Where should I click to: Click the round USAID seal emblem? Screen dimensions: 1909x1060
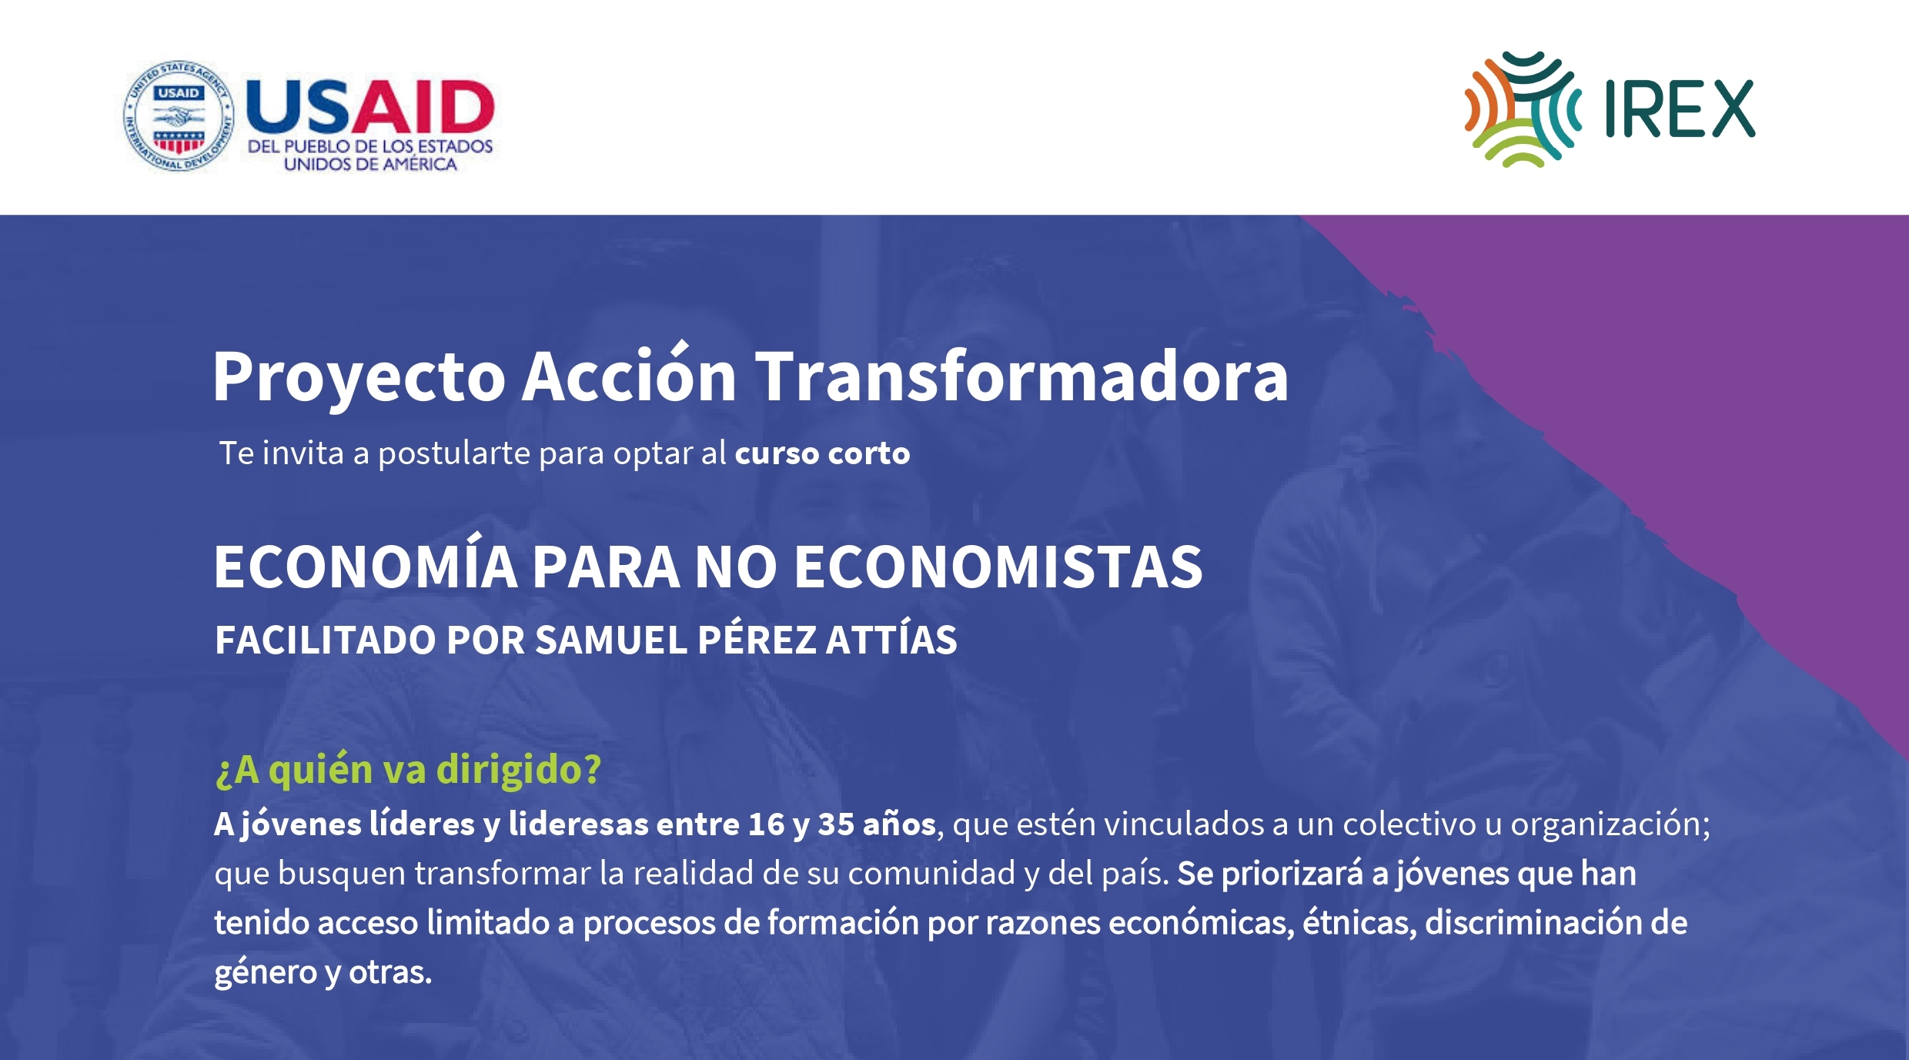(179, 115)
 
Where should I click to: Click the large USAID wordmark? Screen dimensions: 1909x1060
(369, 106)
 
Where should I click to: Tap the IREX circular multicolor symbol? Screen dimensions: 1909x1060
(1523, 109)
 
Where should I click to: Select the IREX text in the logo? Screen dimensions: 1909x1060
(1680, 109)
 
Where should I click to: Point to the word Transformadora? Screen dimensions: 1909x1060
(1021, 376)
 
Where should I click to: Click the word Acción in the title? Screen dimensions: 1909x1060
(629, 374)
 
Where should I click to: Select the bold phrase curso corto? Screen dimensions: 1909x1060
(822, 453)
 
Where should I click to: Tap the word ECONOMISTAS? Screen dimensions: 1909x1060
(998, 567)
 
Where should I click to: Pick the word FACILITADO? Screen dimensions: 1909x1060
(326, 640)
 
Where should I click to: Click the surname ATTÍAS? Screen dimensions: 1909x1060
(891, 638)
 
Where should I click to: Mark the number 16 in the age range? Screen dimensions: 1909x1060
(766, 824)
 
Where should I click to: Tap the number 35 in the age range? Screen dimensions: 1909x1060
(836, 824)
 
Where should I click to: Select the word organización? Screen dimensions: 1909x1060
(1610, 825)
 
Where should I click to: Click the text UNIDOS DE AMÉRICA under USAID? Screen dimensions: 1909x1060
(370, 163)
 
